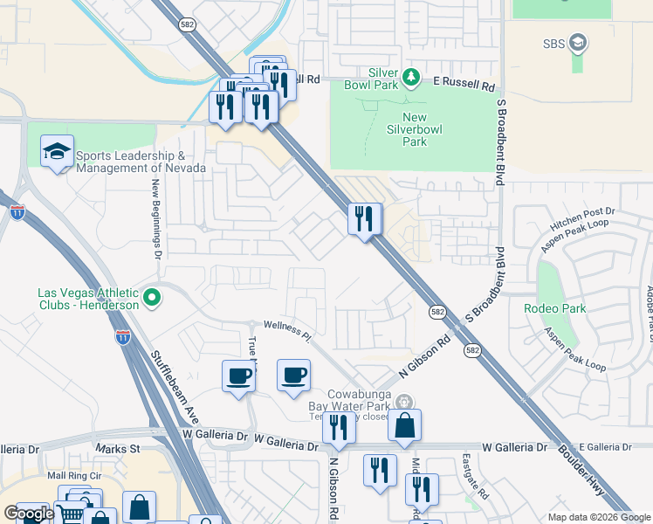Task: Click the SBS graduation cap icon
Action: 577,42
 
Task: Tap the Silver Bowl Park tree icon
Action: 411,79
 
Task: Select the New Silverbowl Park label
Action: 415,129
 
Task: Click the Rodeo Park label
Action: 554,308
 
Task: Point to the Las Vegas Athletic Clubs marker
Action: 153,299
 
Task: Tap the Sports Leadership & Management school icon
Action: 57,153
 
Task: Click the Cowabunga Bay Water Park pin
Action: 402,402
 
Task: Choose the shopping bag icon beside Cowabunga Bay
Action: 404,426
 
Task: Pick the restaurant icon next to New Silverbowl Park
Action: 365,217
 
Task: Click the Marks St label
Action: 118,449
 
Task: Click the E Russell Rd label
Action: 464,86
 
